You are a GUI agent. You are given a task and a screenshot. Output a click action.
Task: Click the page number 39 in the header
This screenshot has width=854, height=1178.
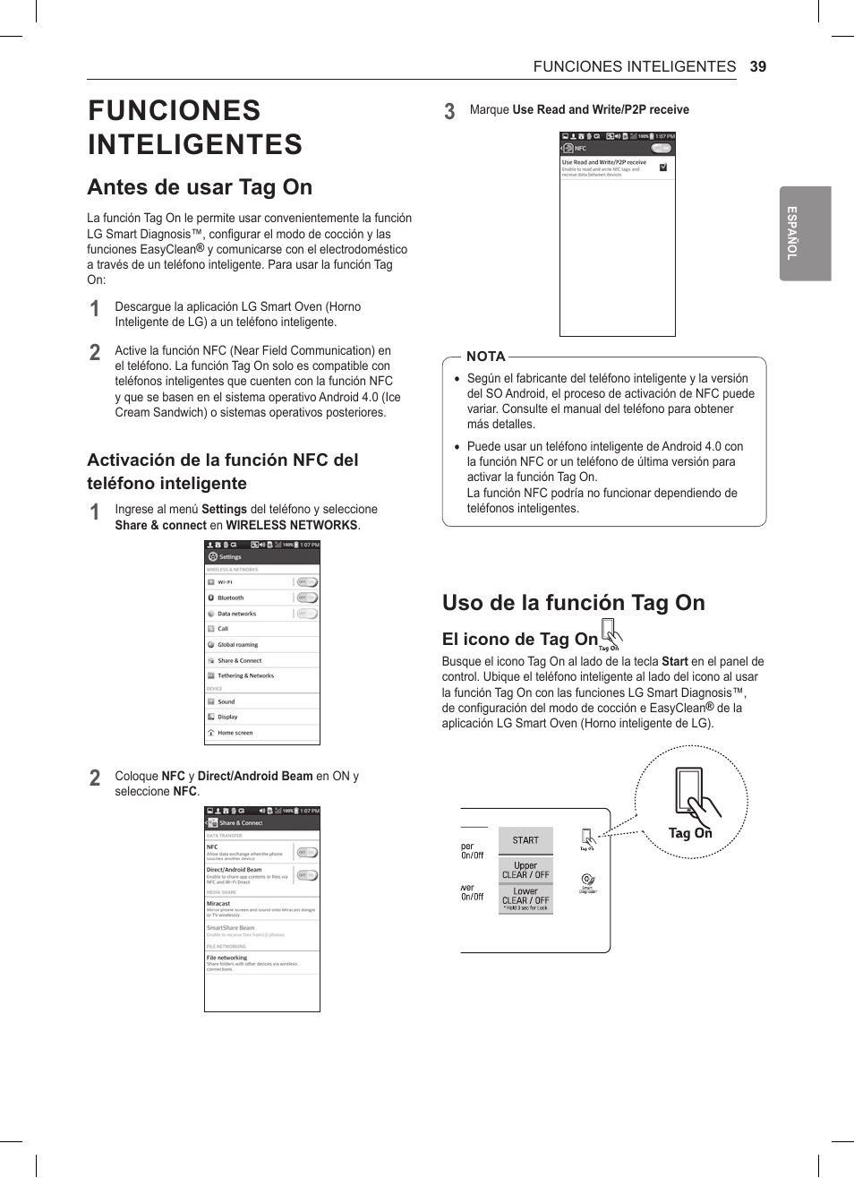click(x=757, y=66)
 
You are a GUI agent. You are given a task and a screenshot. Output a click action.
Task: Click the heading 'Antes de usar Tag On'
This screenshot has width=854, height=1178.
click(x=200, y=187)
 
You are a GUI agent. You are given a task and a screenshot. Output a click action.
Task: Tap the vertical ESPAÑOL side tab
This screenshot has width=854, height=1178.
click(x=805, y=233)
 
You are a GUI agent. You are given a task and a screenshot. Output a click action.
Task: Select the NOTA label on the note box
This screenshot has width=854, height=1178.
click(x=486, y=357)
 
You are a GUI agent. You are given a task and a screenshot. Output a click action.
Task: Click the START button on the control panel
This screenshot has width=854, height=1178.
click(x=525, y=840)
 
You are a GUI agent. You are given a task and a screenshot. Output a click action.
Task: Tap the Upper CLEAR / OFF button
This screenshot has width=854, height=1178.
click(x=525, y=871)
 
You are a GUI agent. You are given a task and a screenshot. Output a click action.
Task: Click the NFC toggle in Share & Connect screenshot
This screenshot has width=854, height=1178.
click(x=307, y=852)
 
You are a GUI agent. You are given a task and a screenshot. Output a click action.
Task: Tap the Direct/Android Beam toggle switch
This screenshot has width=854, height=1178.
click(x=307, y=875)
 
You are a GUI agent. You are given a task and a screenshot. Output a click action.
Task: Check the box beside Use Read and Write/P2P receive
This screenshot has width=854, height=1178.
click(x=663, y=168)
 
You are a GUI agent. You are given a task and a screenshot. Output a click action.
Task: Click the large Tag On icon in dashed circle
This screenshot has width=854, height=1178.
click(x=691, y=803)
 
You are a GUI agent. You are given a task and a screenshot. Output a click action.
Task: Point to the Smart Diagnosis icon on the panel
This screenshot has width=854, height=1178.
click(x=587, y=881)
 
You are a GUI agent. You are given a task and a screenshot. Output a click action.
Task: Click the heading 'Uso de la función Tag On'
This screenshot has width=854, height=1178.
click(x=573, y=603)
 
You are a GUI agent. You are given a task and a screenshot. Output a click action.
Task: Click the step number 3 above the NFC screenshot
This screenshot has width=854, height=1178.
click(x=449, y=111)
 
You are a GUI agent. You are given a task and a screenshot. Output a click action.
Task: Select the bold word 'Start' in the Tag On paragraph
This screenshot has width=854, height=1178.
click(x=674, y=662)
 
